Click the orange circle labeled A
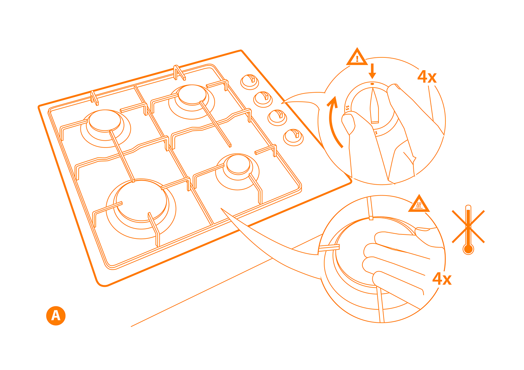coord(56,316)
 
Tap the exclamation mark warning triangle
coord(357,57)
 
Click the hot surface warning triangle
coord(419,204)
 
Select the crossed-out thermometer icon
coord(468,230)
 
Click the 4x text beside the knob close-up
coord(427,76)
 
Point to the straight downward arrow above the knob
coord(372,71)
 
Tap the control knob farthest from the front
coord(250,82)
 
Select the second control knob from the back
coord(263,99)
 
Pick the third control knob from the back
coord(277,117)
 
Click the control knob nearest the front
coord(293,137)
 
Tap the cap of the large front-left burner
coord(141,201)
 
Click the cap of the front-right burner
coord(238,164)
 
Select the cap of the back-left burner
coord(105,121)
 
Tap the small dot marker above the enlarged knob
coord(372,84)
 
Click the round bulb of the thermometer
coord(468,249)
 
